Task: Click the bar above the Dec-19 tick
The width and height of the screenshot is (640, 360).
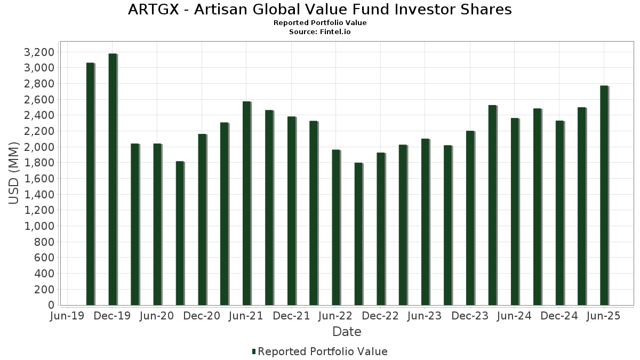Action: [113, 179]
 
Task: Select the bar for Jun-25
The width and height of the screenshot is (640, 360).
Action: [604, 195]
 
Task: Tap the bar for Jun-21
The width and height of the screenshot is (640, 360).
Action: [246, 203]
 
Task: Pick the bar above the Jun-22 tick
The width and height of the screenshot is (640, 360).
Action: [336, 227]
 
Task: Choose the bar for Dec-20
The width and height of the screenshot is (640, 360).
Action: [202, 219]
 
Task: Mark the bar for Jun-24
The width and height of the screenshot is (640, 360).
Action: [515, 211]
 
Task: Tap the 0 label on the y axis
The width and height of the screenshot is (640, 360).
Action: [51, 305]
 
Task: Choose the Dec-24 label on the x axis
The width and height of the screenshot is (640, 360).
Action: [559, 316]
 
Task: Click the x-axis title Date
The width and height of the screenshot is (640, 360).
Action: [347, 332]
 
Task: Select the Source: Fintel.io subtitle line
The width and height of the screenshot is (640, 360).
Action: [320, 32]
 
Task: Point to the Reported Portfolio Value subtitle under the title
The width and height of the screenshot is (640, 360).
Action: [320, 23]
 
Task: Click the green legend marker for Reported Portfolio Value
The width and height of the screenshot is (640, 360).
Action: [254, 351]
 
